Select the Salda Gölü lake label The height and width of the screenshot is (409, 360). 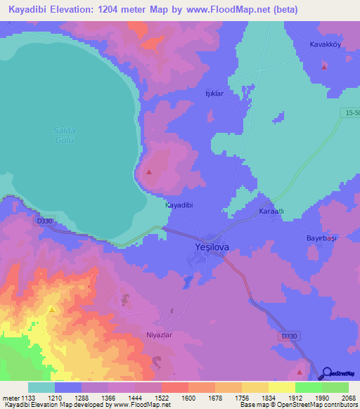[x=64, y=135]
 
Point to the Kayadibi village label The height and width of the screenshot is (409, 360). [x=179, y=205]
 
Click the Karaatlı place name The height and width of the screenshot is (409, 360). [x=271, y=212]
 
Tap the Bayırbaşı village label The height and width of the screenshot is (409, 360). [x=323, y=239]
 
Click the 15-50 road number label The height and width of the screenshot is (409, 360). [x=352, y=113]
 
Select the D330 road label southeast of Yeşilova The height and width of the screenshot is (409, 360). [x=289, y=337]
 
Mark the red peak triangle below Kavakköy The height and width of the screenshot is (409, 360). [x=324, y=67]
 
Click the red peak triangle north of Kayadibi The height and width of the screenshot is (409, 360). [x=148, y=171]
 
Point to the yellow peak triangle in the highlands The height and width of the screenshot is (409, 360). [x=51, y=309]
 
